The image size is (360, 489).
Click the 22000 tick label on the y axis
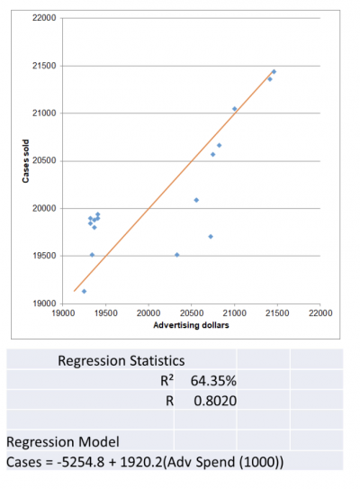tap(43, 19)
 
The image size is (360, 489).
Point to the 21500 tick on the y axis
tap(43, 67)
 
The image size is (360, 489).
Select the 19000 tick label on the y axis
tap(43, 303)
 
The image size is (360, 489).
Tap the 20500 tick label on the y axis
tap(43, 161)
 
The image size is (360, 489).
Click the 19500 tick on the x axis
tap(105, 313)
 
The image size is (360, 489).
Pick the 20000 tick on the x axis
tap(148, 313)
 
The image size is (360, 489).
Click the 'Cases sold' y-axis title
tap(27, 161)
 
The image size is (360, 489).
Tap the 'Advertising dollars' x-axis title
tap(191, 324)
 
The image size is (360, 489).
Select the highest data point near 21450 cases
tap(274, 72)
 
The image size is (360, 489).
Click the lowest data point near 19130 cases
tap(84, 291)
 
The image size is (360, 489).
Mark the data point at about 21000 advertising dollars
tap(235, 109)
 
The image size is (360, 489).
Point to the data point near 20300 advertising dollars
tap(176, 255)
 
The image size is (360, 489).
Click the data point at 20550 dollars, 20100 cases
tap(196, 200)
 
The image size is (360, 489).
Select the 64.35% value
tap(213, 380)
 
